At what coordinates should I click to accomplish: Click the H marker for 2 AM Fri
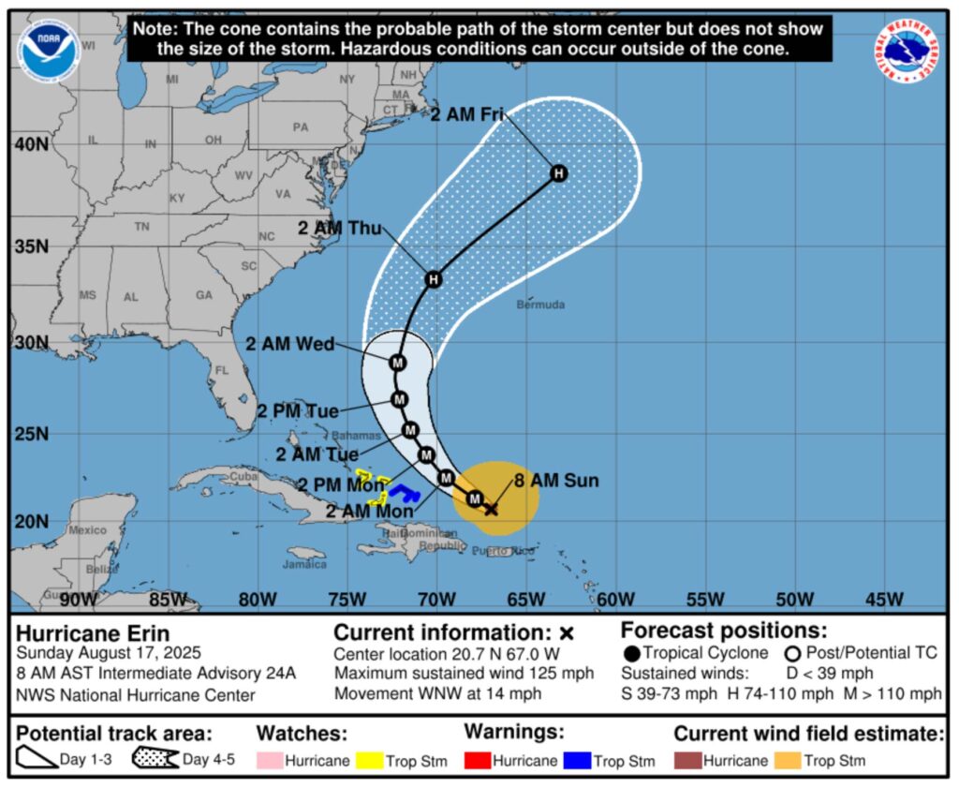[559, 172]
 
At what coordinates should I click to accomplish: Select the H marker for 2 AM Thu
[433, 279]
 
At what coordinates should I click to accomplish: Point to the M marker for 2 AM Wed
[398, 363]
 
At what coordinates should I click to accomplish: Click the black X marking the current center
[491, 509]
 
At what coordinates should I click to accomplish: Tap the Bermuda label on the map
[540, 305]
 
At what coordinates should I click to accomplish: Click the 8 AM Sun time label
[556, 482]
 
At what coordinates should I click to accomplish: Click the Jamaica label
[305, 564]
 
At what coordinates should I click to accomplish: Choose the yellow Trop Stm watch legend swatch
[270, 761]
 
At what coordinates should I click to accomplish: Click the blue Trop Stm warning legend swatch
[578, 761]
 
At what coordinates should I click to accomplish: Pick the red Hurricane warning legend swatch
[478, 761]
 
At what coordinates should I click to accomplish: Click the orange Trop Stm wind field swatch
[789, 761]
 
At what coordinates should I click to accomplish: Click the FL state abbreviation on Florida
[222, 371]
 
